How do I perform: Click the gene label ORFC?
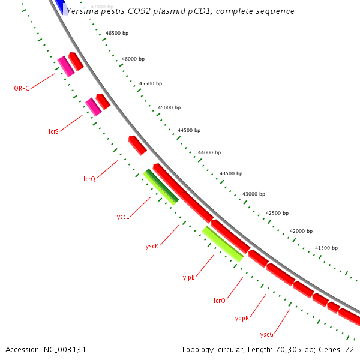[x=22, y=88]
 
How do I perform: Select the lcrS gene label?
[x=53, y=131]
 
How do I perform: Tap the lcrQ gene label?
[x=89, y=179]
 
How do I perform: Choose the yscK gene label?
[x=152, y=247]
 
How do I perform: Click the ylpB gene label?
[x=188, y=277]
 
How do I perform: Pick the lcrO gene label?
[x=220, y=301]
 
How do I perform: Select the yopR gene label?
[x=242, y=317]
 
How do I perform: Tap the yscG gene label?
[x=267, y=334]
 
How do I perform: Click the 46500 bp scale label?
[x=117, y=34]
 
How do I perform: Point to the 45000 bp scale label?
[x=169, y=108]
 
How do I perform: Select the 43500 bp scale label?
[x=231, y=173]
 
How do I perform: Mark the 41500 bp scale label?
[x=327, y=248]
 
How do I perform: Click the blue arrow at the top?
[x=60, y=6]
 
